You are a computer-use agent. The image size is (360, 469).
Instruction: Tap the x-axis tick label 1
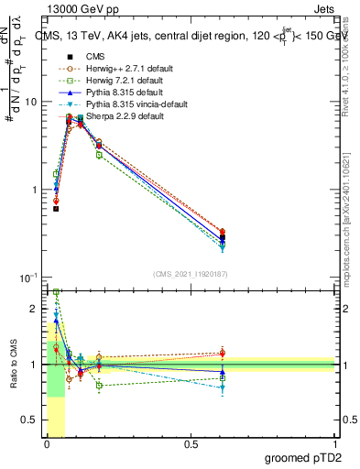click(x=335, y=444)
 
